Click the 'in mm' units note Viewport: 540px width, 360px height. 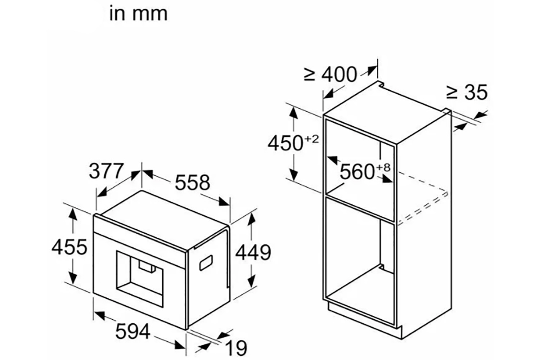138,14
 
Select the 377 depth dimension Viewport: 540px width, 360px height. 107,171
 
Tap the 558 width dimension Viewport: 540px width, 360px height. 192,183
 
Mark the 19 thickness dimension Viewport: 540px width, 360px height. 237,348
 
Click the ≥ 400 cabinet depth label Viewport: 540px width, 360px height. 330,75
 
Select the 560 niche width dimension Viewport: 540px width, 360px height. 357,172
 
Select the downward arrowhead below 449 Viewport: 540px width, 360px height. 252,279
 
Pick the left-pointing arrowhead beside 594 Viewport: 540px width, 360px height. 99,316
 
